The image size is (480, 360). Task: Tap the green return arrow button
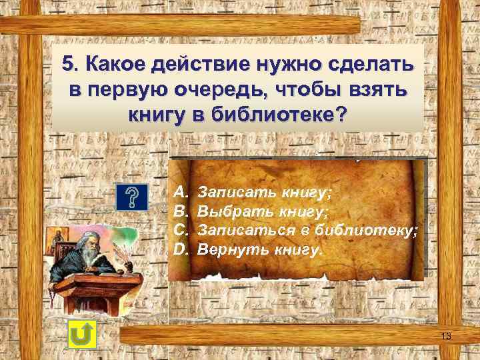[82, 333]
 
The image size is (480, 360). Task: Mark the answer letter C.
[180, 231]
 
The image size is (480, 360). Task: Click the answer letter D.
[180, 250]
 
